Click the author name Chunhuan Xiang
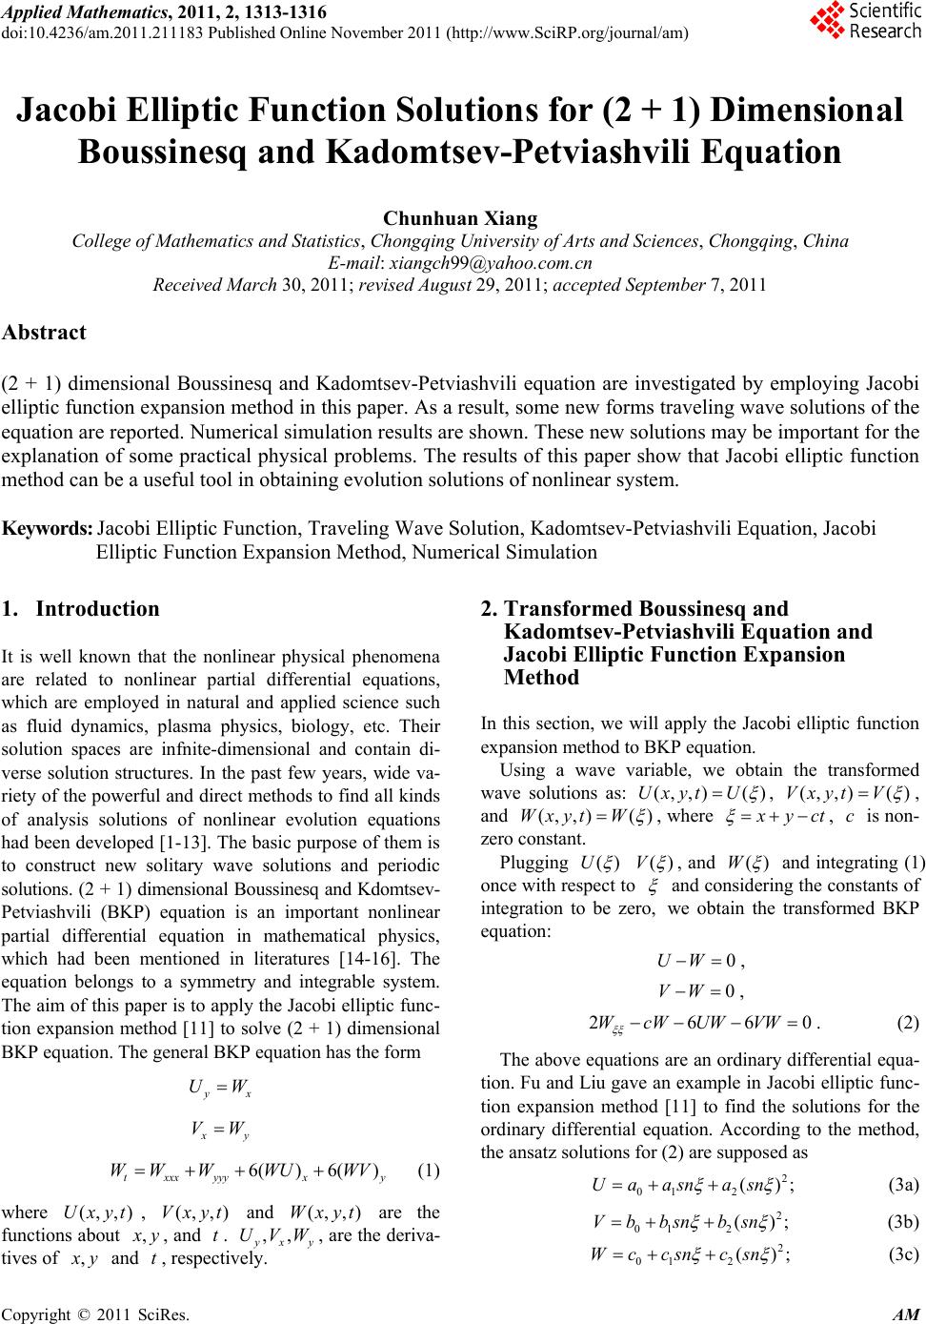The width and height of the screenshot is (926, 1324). pyautogui.click(x=460, y=219)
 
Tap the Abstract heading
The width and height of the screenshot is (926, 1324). pyautogui.click(x=45, y=333)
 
